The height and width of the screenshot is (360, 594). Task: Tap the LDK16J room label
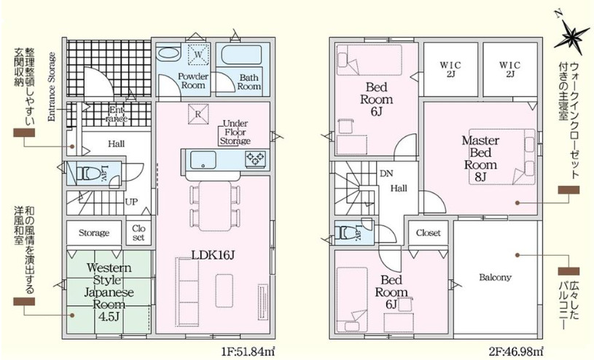pos(213,255)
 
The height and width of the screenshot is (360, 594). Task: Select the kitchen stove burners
pos(256,158)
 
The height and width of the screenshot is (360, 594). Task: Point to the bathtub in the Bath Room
pos(241,55)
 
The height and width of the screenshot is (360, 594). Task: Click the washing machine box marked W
pos(198,54)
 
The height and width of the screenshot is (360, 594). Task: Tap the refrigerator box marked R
pos(198,113)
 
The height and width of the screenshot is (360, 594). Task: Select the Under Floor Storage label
pos(235,132)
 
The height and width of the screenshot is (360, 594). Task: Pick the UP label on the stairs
pos(131,202)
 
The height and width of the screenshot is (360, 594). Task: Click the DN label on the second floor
pos(386,173)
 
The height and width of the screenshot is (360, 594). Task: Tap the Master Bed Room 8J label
pos(480,158)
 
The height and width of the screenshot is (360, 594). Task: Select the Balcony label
pos(495,278)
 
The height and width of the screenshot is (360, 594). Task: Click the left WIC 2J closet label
pos(450,69)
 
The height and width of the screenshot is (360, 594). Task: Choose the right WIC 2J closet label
pos(509,69)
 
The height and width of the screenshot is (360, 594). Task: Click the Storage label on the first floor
pos(94,232)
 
